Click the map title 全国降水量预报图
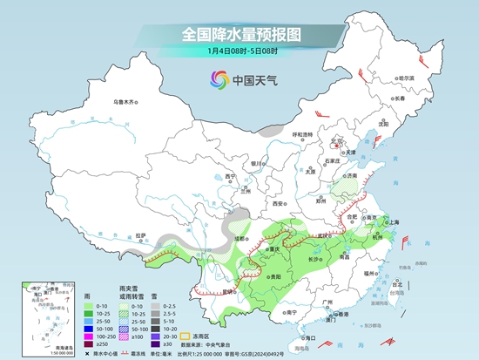[x=240, y=35]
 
